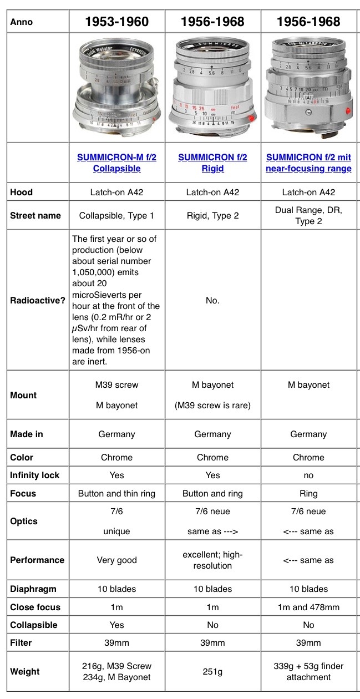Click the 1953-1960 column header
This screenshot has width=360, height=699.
116,22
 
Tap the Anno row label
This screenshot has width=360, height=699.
21,22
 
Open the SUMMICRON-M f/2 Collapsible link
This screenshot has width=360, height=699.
116,163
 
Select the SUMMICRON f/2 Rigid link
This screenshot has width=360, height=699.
212,163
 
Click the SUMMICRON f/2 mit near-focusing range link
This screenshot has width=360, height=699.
308,163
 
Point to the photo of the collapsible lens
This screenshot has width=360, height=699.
116,89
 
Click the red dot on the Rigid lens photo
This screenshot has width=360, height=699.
252,119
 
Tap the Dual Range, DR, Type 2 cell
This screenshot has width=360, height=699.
308,215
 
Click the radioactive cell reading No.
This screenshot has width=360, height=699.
212,301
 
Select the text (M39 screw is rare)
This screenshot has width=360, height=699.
212,406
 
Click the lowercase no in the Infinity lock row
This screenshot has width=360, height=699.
308,475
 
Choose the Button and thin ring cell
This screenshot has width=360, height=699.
116,493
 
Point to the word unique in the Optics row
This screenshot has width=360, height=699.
116,531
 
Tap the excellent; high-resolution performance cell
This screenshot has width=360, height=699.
212,560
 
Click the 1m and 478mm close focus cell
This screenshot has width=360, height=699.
308,607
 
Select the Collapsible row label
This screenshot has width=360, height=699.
33,625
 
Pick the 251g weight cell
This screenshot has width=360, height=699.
212,672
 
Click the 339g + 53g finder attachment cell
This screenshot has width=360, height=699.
308,672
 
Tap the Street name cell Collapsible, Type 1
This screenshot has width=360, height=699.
116,215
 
